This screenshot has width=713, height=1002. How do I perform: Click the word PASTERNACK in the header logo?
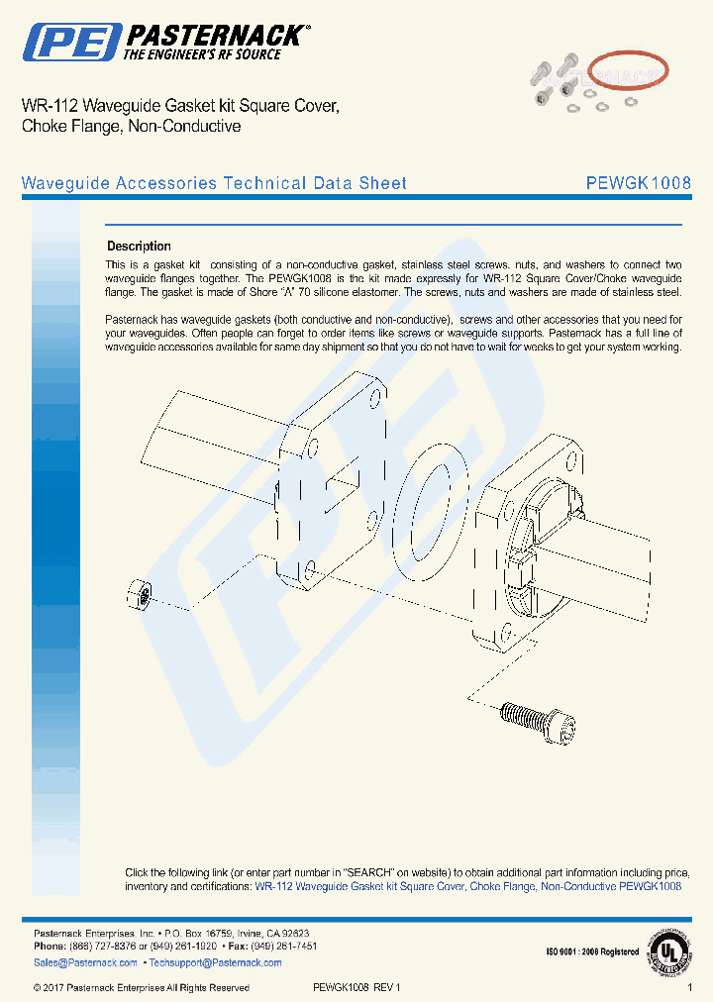tap(213, 37)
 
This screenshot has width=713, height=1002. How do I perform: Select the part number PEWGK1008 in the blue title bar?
tap(638, 183)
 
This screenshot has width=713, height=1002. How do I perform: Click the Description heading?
tap(139, 247)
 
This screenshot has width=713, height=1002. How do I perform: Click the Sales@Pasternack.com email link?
tap(85, 962)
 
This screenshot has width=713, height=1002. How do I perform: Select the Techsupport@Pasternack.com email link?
tap(213, 962)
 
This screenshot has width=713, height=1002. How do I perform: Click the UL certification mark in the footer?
tap(669, 952)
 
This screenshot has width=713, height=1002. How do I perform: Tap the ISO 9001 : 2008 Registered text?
tap(592, 952)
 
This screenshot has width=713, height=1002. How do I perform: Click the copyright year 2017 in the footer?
tap(53, 988)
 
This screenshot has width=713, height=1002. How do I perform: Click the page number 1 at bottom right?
tap(689, 988)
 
